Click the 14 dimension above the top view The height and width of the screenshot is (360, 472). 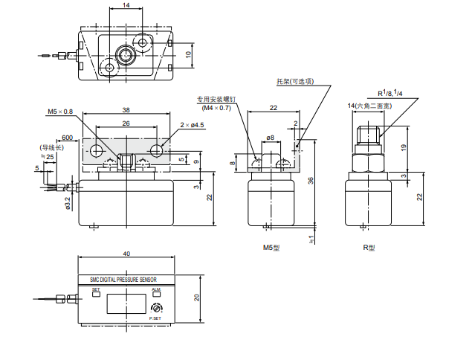tap(126, 5)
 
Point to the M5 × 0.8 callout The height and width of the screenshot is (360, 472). tap(61, 112)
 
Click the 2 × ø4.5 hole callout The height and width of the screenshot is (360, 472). tap(192, 126)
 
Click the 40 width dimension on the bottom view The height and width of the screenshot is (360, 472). tap(126, 254)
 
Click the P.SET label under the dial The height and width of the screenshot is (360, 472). tap(155, 319)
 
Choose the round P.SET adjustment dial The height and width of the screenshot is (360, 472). tap(155, 309)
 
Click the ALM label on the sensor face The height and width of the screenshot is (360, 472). tap(155, 289)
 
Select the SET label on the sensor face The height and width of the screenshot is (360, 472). tap(95, 289)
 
